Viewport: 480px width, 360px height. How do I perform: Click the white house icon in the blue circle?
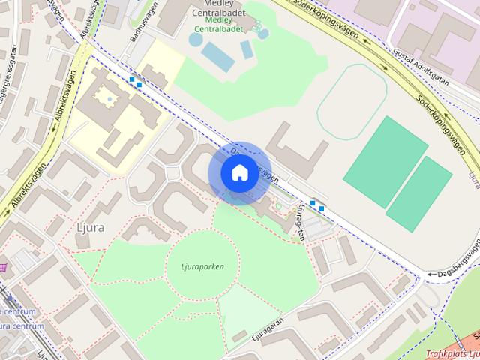(x=239, y=172)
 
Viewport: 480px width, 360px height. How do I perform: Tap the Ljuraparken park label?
(x=202, y=265)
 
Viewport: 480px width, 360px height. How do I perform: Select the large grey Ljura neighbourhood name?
(x=90, y=226)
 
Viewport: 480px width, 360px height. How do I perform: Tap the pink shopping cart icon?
(x=4, y=266)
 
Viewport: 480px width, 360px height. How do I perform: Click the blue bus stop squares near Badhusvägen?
(x=135, y=81)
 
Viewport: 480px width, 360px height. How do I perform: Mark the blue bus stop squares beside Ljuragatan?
(x=317, y=205)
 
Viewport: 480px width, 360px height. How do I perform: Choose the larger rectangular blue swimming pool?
(x=217, y=57)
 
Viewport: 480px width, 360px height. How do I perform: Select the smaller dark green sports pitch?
(x=419, y=193)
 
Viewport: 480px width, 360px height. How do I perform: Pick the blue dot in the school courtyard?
(x=110, y=98)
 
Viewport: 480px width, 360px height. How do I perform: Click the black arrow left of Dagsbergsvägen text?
(x=430, y=274)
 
